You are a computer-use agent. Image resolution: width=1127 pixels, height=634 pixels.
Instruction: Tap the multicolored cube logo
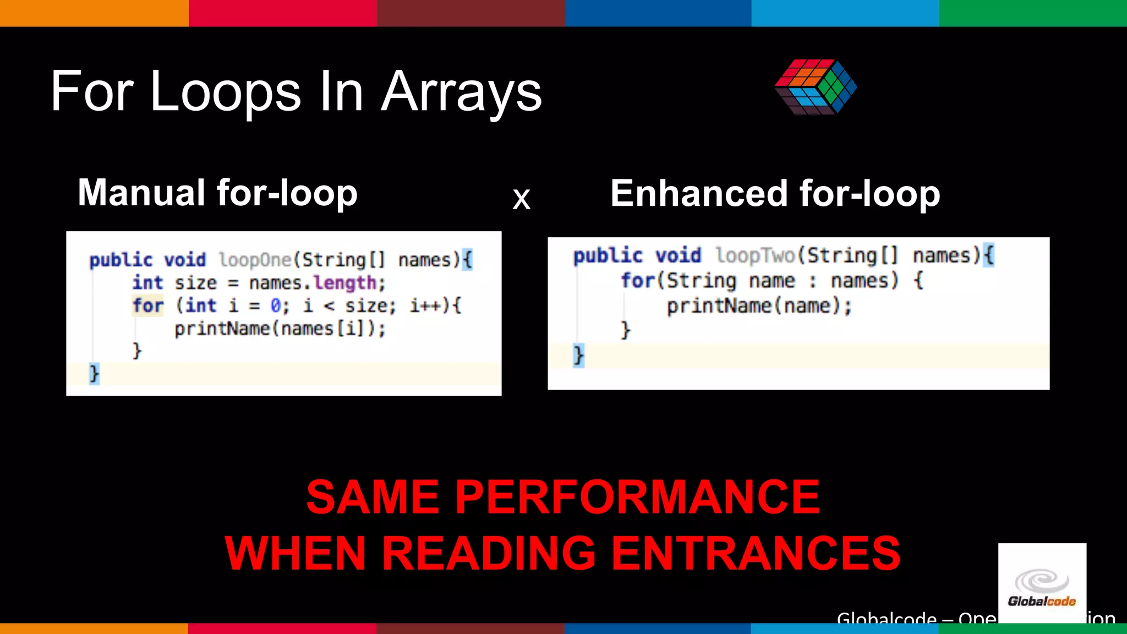(816, 86)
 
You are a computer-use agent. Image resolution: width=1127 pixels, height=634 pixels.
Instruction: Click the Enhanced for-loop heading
(775, 194)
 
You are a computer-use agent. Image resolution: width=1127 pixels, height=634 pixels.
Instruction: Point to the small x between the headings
(521, 199)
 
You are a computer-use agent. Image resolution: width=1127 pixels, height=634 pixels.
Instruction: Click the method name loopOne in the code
(255, 259)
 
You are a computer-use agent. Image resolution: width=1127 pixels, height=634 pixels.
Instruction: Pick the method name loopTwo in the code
(755, 255)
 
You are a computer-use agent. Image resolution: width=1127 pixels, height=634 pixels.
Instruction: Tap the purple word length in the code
(344, 283)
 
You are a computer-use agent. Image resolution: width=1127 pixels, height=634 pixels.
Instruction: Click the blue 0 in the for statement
(276, 305)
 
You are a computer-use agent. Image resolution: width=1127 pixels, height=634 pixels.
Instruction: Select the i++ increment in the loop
(425, 305)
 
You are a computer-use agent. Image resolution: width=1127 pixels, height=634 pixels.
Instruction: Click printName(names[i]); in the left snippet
(280, 329)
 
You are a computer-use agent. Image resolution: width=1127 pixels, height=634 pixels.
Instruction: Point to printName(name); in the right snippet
(759, 306)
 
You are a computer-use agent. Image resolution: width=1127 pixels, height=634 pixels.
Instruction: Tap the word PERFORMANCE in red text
(637, 497)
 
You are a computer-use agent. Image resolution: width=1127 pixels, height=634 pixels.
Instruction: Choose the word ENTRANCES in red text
(756, 553)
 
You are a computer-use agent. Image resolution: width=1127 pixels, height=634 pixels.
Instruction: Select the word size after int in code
(196, 283)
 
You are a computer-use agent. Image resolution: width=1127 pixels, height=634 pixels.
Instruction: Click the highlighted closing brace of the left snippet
(94, 374)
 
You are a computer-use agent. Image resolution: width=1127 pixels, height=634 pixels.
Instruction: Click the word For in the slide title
(92, 92)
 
